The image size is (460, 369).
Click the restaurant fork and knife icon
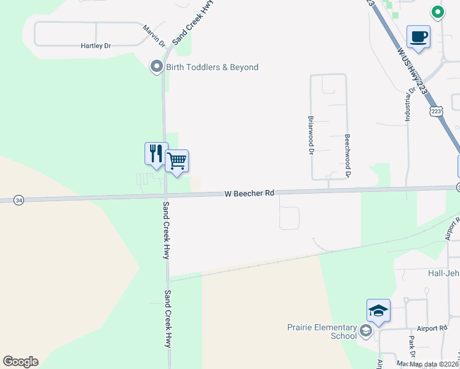click(156, 153)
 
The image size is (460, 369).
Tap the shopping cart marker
click(176, 161)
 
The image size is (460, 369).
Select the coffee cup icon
click(418, 36)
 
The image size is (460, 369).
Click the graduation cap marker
click(378, 310)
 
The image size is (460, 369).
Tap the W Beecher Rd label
click(249, 193)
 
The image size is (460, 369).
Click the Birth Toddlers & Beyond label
click(212, 67)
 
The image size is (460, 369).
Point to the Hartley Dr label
click(96, 46)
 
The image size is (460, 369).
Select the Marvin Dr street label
click(154, 36)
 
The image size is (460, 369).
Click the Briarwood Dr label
click(311, 135)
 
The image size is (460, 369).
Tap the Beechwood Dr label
click(347, 156)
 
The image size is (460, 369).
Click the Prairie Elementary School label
click(331, 331)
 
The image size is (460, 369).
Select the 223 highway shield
click(436, 111)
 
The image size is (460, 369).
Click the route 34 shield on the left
click(20, 200)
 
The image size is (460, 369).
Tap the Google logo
click(20, 362)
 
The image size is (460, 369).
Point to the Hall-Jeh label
click(438, 272)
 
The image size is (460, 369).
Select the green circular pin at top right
click(437, 12)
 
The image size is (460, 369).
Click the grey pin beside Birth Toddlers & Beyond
click(157, 67)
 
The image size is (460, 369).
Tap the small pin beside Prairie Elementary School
click(366, 332)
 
